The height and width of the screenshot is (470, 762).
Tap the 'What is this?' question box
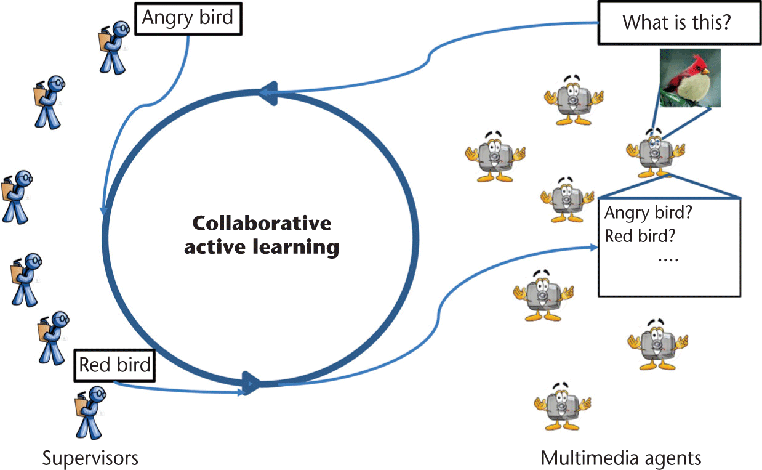[x=675, y=23]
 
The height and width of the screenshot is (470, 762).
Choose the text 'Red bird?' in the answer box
[x=636, y=236]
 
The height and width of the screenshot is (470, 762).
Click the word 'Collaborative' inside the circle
[x=262, y=222]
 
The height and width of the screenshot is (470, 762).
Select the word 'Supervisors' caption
[x=90, y=458]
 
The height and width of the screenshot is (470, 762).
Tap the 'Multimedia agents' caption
[x=621, y=458]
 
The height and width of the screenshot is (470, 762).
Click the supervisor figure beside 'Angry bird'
[x=113, y=46]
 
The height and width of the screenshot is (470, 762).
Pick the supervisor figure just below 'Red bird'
[x=90, y=412]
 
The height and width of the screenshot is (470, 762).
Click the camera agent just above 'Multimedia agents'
[x=562, y=405]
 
